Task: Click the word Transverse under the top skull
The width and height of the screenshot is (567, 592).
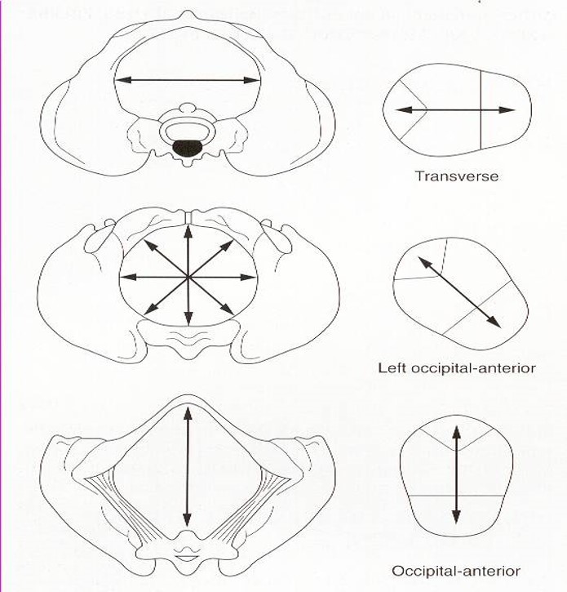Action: (x=457, y=176)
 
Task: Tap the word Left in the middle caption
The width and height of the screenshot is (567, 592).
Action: (x=392, y=367)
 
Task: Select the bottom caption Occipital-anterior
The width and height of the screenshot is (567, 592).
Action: (x=457, y=571)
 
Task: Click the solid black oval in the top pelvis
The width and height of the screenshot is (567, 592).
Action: (x=188, y=147)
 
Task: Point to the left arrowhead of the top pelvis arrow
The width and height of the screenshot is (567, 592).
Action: (x=119, y=80)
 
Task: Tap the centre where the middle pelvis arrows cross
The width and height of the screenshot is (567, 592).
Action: (x=188, y=277)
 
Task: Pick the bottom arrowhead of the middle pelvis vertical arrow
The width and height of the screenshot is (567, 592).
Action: (x=188, y=322)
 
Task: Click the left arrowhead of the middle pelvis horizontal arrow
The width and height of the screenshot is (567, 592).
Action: (x=124, y=277)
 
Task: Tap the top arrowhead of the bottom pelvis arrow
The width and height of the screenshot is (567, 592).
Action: (x=188, y=411)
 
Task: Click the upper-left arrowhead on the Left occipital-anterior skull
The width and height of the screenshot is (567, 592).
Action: (x=422, y=260)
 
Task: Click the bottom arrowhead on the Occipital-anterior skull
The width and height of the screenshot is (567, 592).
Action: (x=456, y=519)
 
